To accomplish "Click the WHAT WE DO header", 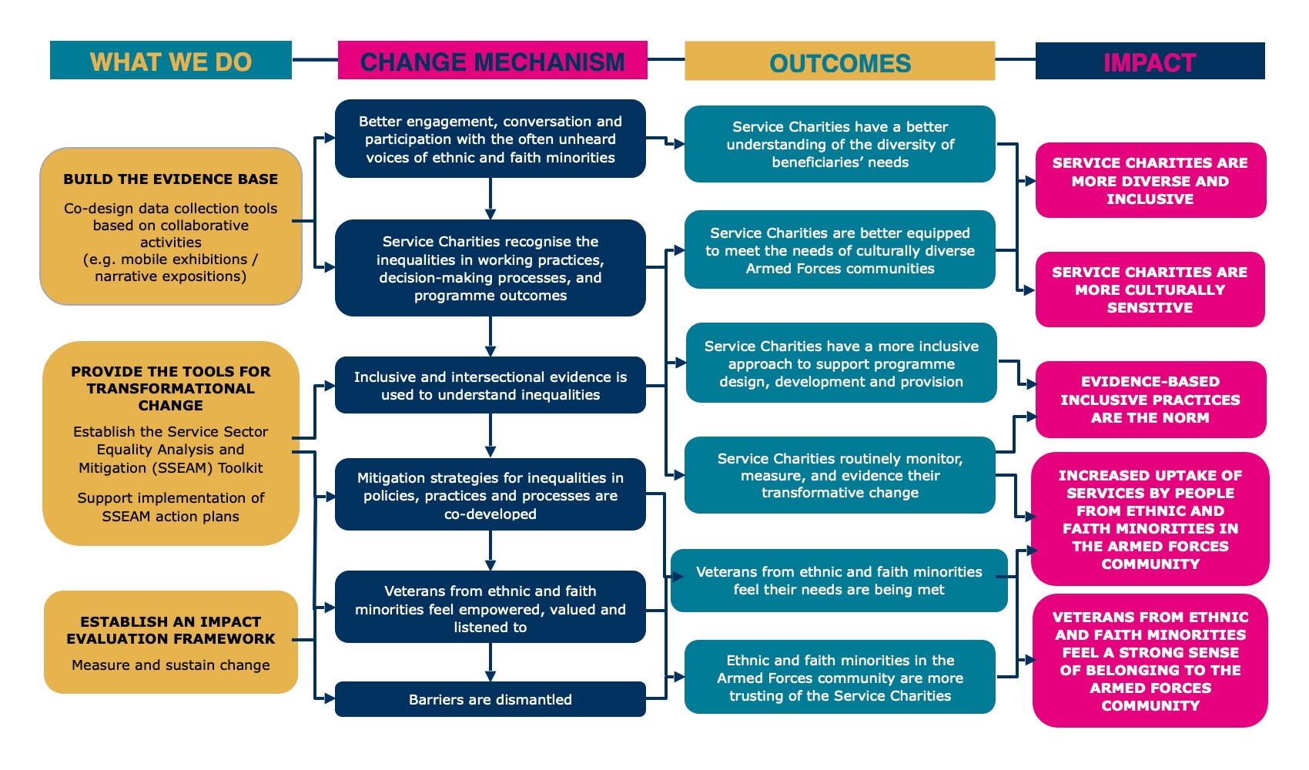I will coord(170,61).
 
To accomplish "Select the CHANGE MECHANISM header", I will coord(492,61).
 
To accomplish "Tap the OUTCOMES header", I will coord(839,62).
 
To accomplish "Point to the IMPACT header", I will coord(1150,62).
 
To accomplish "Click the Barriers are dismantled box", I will coord(490,699).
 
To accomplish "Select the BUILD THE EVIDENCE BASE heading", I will coord(170,179).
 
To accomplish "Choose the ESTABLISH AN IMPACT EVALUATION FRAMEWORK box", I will coord(170,641).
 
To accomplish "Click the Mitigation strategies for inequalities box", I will coord(490,495).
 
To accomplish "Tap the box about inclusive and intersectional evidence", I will coord(490,385).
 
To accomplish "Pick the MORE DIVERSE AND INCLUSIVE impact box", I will coord(1150,180).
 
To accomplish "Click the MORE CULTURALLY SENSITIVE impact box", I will coord(1150,290).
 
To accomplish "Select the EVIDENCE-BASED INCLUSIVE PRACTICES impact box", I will coord(1150,399).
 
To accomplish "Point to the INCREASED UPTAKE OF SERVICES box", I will coord(1150,519).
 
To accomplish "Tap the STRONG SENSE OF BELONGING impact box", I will coord(1150,661).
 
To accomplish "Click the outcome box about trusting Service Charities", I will coord(839,678).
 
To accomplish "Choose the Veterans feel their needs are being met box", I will coord(839,581).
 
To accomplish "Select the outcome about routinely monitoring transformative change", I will coord(839,475).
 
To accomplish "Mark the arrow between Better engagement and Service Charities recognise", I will coord(490,199).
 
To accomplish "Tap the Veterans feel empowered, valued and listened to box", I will coord(490,608).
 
